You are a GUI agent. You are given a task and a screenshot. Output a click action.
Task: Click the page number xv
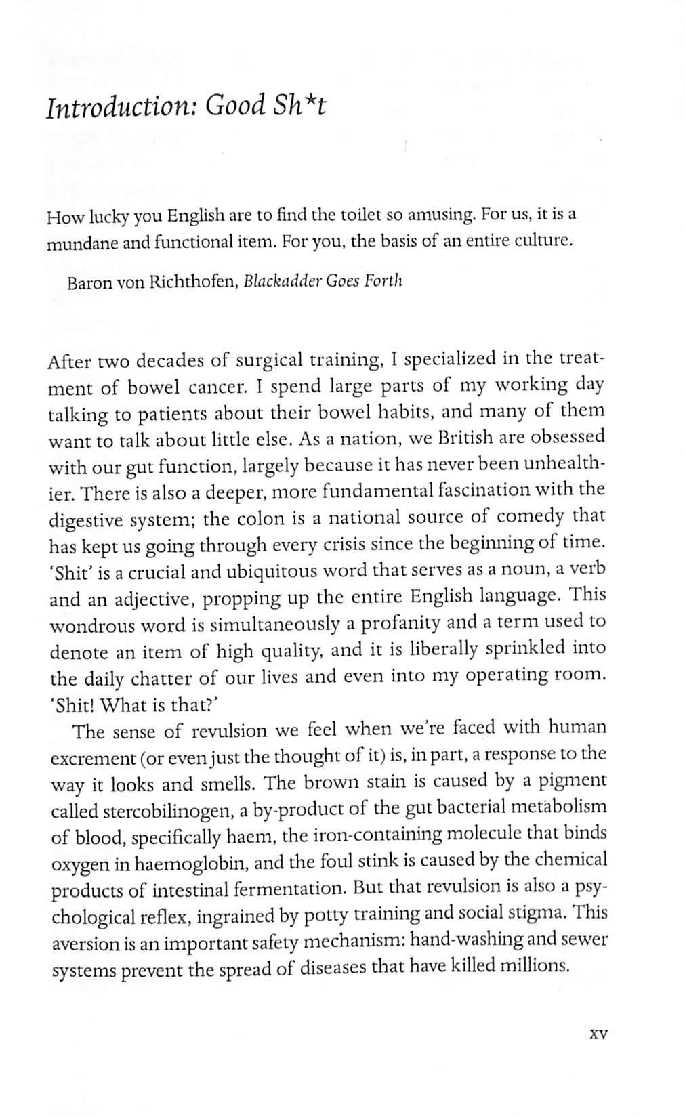599,1034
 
